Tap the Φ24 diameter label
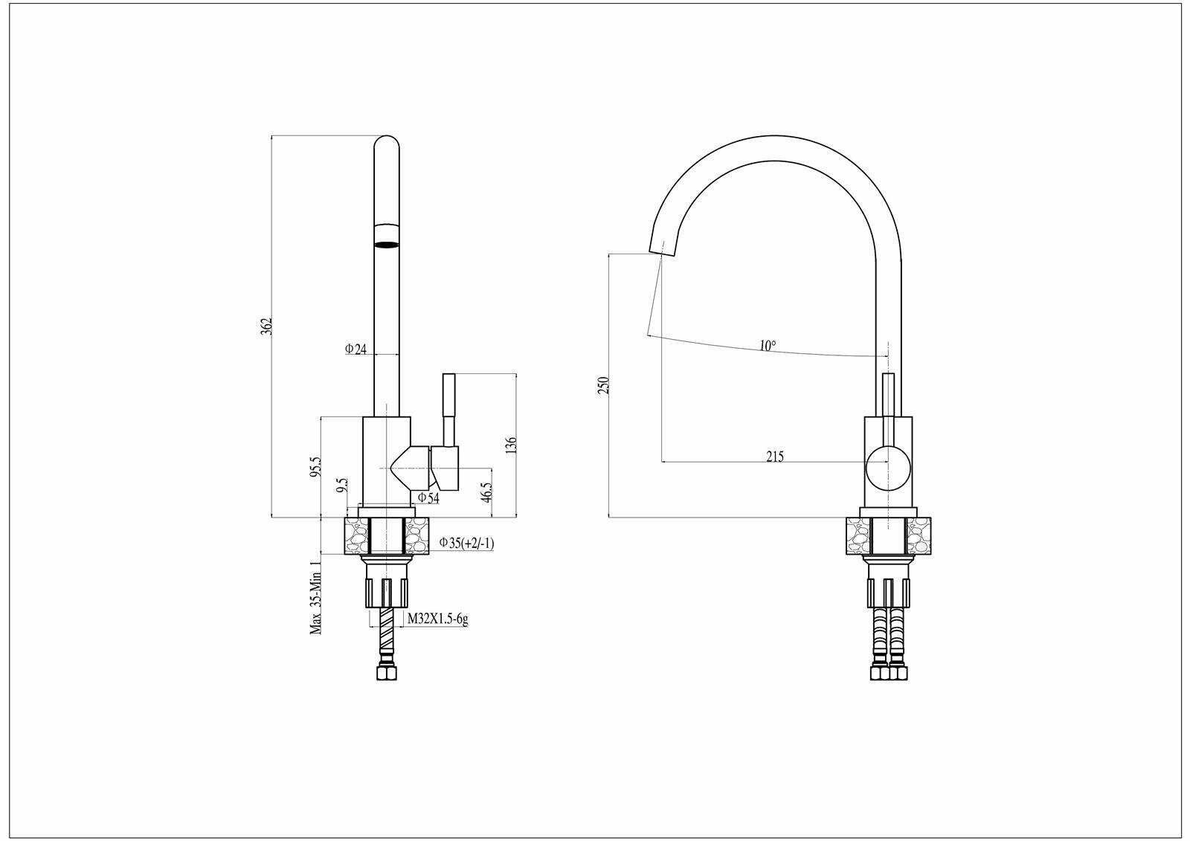point(356,349)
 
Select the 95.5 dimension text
point(315,467)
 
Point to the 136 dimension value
point(509,445)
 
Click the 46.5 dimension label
point(486,492)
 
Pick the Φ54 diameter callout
point(428,497)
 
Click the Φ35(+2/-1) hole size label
point(466,543)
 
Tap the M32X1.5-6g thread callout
point(437,619)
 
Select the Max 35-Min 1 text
point(316,598)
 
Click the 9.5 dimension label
point(341,487)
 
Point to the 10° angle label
point(768,346)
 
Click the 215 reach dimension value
point(775,457)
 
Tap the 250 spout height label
point(604,385)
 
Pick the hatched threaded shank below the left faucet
point(386,630)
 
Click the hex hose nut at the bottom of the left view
point(386,674)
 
